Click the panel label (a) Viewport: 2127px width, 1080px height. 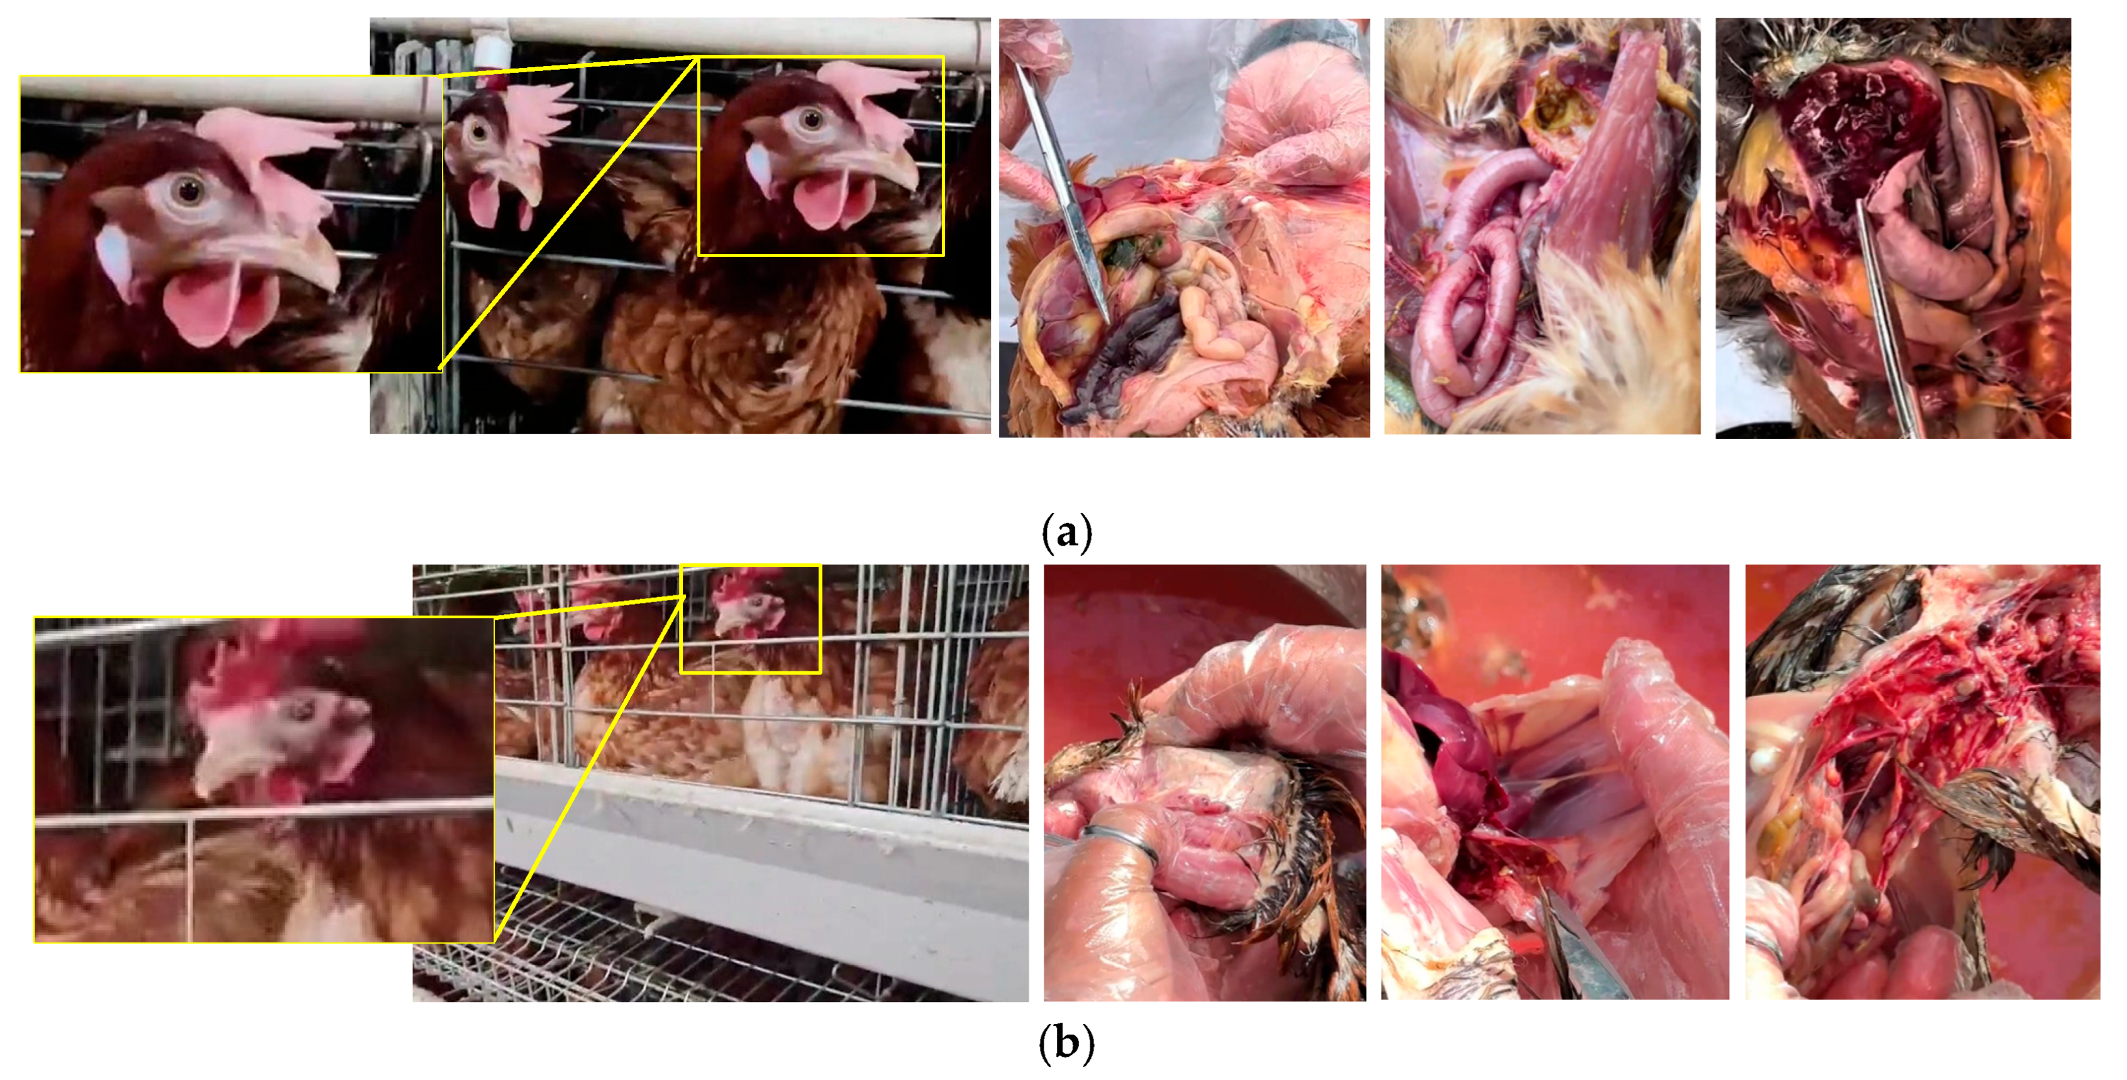click(x=1067, y=532)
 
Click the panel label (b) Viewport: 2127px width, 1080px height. click(x=1067, y=1043)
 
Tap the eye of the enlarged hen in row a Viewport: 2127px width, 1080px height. click(x=190, y=190)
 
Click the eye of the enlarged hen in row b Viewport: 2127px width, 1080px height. click(x=304, y=709)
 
